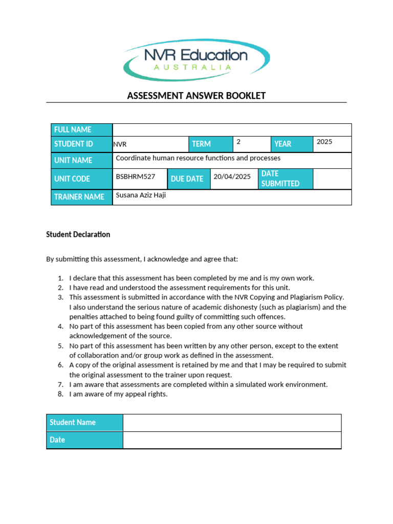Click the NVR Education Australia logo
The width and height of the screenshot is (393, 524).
tap(196, 60)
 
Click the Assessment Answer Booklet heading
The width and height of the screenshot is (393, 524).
tap(196, 96)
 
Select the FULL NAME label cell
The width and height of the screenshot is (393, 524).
tap(82, 130)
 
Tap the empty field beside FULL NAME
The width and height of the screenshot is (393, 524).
tap(232, 130)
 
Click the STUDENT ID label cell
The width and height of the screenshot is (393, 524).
tap(82, 144)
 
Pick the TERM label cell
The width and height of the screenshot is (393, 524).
tap(211, 144)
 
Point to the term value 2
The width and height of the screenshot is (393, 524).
tap(238, 141)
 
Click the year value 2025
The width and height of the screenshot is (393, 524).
tap(324, 142)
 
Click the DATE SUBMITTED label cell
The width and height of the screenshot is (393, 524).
tap(285, 179)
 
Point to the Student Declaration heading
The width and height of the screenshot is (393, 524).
tap(78, 234)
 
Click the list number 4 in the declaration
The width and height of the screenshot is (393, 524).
tap(60, 326)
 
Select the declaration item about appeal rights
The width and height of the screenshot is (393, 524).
tap(118, 394)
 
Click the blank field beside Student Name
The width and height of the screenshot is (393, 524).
tap(232, 423)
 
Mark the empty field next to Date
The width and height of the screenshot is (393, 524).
tap(232, 440)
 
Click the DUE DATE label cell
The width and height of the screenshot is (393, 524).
tap(187, 179)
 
